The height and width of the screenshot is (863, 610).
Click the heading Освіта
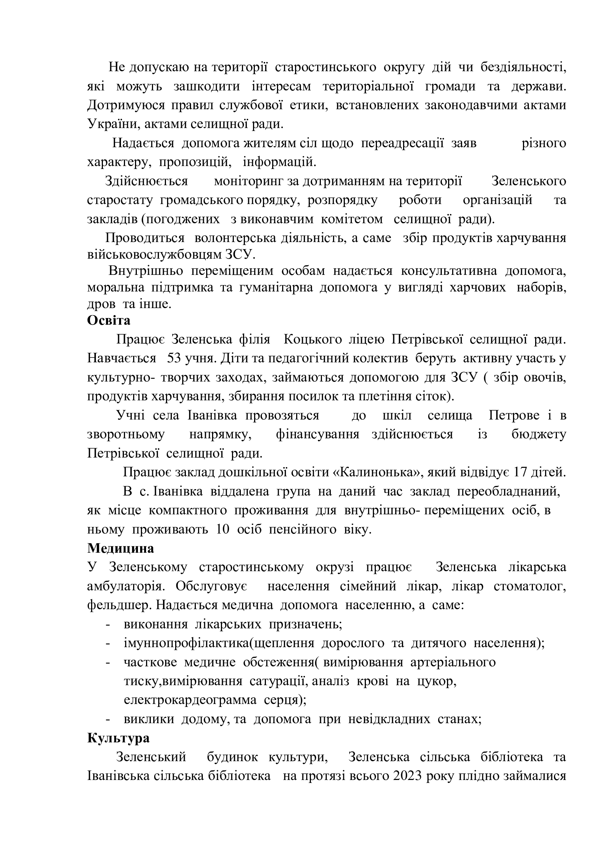[x=109, y=321]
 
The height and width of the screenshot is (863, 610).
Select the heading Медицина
[x=121, y=548]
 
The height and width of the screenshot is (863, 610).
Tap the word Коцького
[x=312, y=339]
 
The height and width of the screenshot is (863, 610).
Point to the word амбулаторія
[x=127, y=586]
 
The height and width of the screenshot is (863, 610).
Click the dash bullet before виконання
[x=108, y=625]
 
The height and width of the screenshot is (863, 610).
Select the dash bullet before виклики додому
[x=108, y=720]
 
